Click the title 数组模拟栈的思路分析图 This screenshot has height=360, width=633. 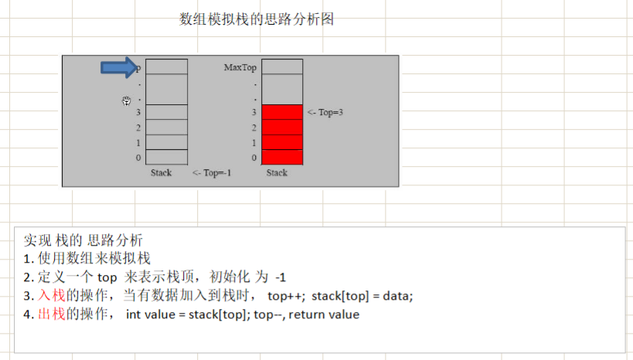(257, 19)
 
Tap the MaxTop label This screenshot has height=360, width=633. (240, 67)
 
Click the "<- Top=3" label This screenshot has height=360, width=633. (325, 112)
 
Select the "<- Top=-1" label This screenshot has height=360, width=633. (212, 173)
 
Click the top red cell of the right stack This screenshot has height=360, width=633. (282, 112)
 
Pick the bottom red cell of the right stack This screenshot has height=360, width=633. (282, 158)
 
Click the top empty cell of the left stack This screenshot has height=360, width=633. (166, 66)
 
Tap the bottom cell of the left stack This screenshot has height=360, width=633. (166, 158)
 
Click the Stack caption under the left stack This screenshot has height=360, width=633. (161, 173)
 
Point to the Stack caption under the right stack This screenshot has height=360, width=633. (277, 173)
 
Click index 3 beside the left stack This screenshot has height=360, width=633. (138, 113)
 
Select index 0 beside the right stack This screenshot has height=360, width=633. (254, 158)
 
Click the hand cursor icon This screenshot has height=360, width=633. (127, 100)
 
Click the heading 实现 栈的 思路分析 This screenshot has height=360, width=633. (83, 239)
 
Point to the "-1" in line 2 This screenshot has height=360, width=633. (281, 277)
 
